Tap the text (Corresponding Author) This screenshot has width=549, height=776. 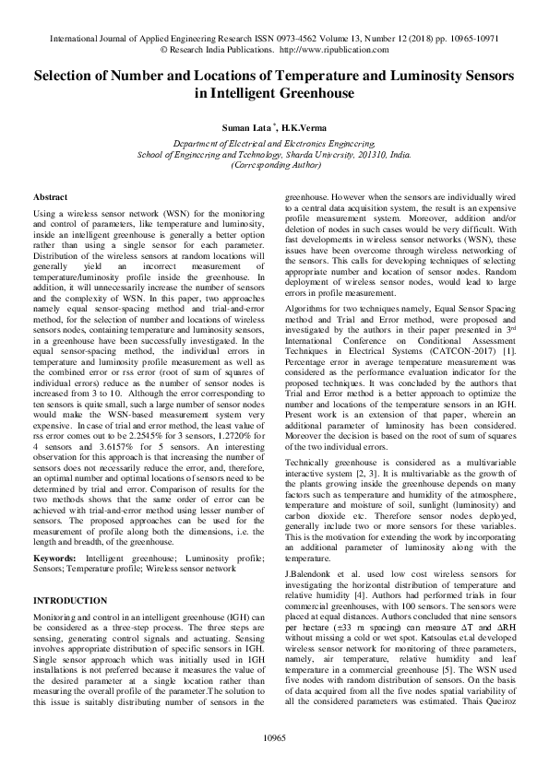pyautogui.click(x=274, y=166)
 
